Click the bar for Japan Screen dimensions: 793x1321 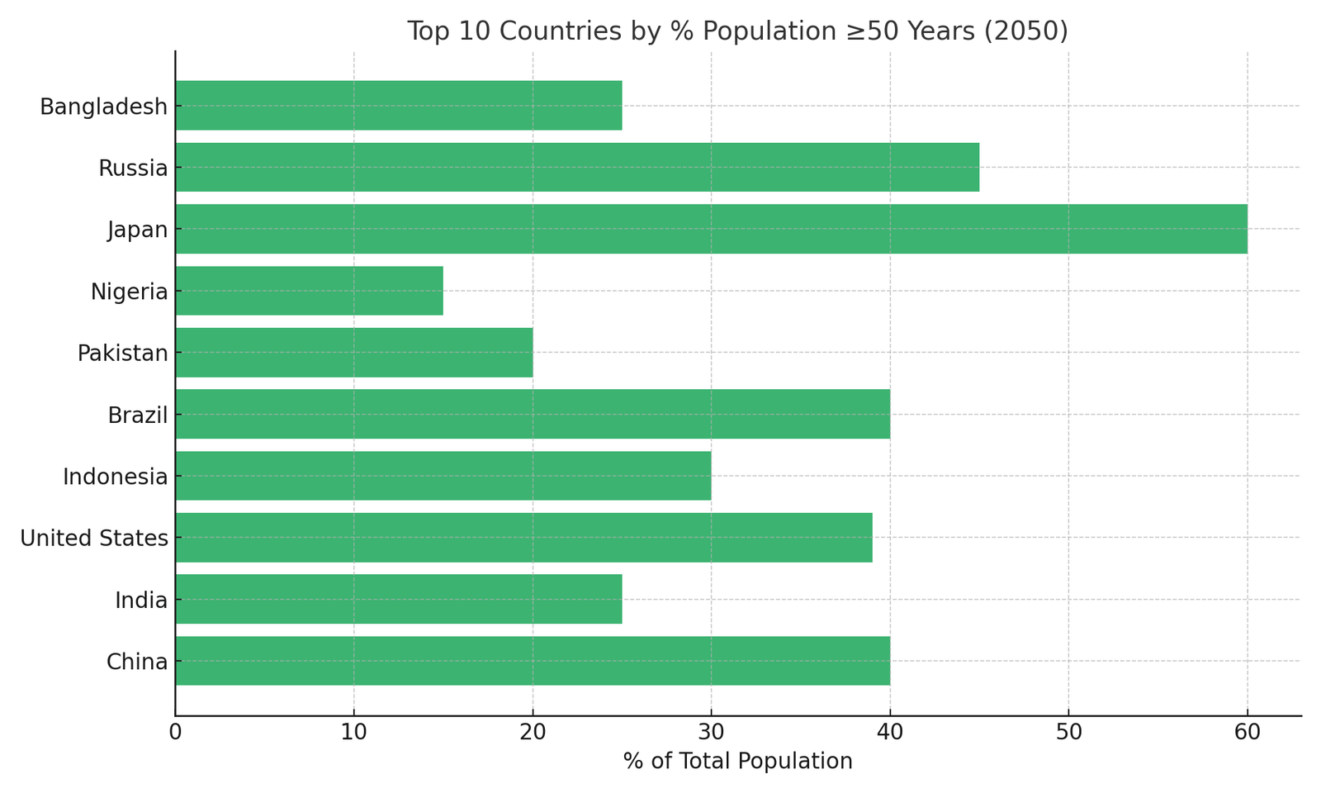[711, 229]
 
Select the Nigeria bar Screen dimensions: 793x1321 [309, 291]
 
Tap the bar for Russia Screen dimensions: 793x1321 [577, 167]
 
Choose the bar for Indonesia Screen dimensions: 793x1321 [443, 476]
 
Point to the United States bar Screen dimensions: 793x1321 [523, 538]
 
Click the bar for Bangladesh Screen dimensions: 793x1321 [398, 105]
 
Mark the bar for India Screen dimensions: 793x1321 [398, 599]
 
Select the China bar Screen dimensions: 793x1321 [533, 661]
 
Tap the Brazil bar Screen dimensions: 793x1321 [533, 414]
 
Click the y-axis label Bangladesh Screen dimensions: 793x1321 [104, 107]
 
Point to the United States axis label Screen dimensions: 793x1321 [94, 539]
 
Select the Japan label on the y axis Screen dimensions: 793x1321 [138, 230]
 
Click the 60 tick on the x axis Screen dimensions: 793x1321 [1247, 733]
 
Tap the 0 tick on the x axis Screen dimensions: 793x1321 [175, 733]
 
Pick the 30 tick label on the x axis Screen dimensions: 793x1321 [711, 733]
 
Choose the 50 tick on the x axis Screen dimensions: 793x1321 [1068, 733]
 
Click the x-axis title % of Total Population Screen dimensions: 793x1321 [737, 762]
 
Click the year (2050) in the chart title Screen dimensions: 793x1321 [1027, 31]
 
